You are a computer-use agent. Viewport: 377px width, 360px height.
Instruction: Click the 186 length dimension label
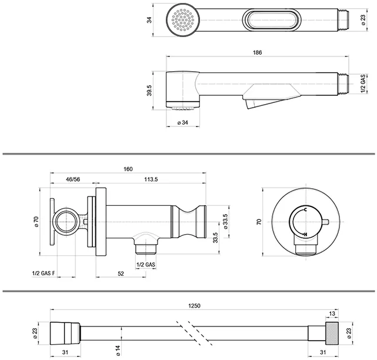click(257, 52)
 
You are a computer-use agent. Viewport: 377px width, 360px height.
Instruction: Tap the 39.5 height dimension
click(149, 91)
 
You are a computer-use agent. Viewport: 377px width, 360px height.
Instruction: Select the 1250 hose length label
click(194, 306)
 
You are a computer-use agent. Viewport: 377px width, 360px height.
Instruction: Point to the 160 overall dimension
click(128, 169)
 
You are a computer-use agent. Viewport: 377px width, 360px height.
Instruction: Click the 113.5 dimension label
click(151, 179)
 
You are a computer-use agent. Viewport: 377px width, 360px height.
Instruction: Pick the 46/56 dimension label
click(73, 179)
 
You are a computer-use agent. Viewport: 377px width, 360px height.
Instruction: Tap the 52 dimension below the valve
click(121, 274)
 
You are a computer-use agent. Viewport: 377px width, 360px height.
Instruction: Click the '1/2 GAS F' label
click(44, 274)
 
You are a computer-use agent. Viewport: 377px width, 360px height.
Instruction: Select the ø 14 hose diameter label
click(118, 351)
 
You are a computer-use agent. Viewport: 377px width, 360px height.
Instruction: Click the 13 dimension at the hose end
click(332, 314)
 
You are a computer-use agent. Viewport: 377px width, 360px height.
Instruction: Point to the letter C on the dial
click(305, 209)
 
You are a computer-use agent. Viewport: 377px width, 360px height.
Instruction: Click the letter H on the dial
click(305, 234)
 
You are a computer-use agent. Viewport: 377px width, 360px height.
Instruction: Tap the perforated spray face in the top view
click(183, 20)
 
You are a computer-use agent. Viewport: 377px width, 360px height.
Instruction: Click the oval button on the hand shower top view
click(272, 20)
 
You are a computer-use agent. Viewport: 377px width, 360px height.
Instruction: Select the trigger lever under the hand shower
click(271, 96)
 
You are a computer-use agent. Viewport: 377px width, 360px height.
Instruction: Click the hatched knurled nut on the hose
click(332, 333)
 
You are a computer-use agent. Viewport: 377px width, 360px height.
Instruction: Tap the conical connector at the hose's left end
click(65, 334)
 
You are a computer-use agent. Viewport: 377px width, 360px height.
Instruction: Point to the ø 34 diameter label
click(183, 122)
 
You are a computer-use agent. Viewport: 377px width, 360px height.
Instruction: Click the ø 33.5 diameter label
click(225, 221)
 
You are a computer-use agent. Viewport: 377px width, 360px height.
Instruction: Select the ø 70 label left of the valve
click(36, 222)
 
